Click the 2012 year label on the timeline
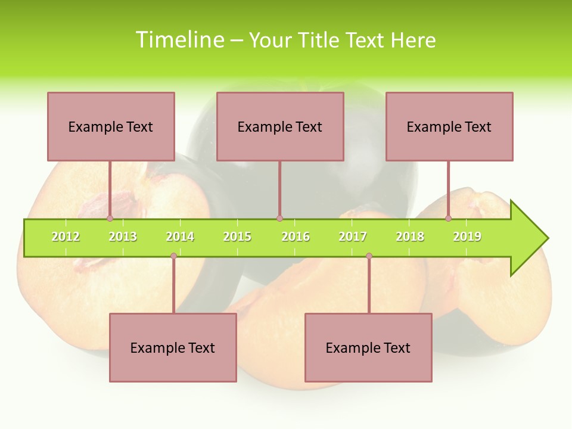pyautogui.click(x=66, y=237)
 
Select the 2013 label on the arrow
pyautogui.click(x=123, y=237)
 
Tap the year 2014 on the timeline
pyautogui.click(x=180, y=237)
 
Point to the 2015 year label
pyautogui.click(x=237, y=237)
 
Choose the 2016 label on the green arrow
pyautogui.click(x=296, y=237)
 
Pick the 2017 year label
pyautogui.click(x=353, y=237)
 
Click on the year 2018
pyautogui.click(x=410, y=237)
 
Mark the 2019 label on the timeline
pyautogui.click(x=467, y=237)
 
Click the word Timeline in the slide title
pyautogui.click(x=179, y=40)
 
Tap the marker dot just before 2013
pyautogui.click(x=110, y=219)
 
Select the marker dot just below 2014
pyautogui.click(x=173, y=256)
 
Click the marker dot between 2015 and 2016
pyautogui.click(x=279, y=219)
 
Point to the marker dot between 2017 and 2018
pyautogui.click(x=369, y=256)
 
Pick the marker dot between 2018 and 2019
pyautogui.click(x=448, y=219)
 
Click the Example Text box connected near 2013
pyautogui.click(x=111, y=126)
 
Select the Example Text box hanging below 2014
pyautogui.click(x=173, y=347)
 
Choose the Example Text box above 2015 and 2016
pyautogui.click(x=280, y=126)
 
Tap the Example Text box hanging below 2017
pyautogui.click(x=368, y=347)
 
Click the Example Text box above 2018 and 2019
pyautogui.click(x=449, y=126)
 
